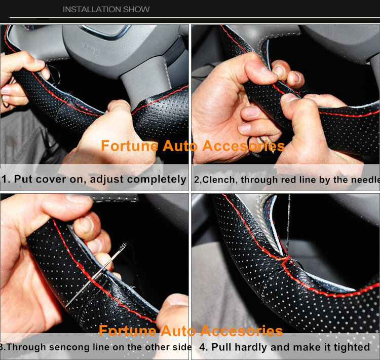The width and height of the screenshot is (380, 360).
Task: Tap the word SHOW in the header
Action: click(x=137, y=9)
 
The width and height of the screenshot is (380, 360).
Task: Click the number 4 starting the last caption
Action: click(x=203, y=347)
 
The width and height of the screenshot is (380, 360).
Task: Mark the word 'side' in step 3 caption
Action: click(x=181, y=347)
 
